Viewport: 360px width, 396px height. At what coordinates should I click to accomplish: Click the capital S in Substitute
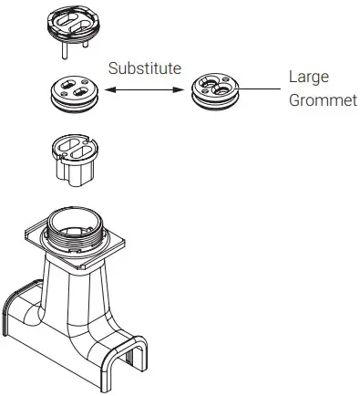tap(112, 68)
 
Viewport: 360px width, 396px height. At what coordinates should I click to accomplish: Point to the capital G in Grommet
tap(293, 99)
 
